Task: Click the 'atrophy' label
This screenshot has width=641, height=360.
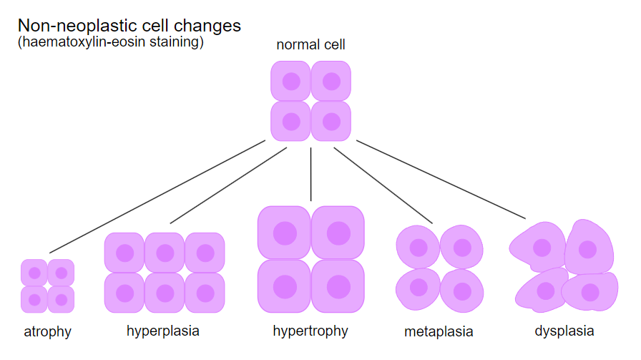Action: pyautogui.click(x=47, y=331)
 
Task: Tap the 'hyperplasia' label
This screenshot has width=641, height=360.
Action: pyautogui.click(x=162, y=331)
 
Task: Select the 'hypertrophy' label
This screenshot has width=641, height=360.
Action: pyautogui.click(x=310, y=331)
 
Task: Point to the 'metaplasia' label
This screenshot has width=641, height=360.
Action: pyautogui.click(x=439, y=331)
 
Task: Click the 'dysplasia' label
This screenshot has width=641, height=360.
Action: pyautogui.click(x=564, y=331)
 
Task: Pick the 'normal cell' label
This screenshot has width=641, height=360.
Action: pyautogui.click(x=310, y=44)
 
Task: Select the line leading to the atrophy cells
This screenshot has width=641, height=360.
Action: pyautogui.click(x=157, y=197)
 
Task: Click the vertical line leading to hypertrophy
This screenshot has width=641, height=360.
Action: pyautogui.click(x=310, y=174)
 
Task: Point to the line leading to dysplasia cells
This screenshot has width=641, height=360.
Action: pyautogui.click(x=441, y=180)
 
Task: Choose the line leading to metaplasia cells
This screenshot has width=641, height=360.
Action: pyautogui.click(x=383, y=185)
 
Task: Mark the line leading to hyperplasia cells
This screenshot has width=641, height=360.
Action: pyautogui.click(x=228, y=186)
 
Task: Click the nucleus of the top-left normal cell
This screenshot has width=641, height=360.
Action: pyautogui.click(x=291, y=82)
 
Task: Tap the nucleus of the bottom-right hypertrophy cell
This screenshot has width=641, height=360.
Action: pyautogui.click(x=338, y=287)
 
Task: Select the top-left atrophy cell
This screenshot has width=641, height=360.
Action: pyautogui.click(x=34, y=273)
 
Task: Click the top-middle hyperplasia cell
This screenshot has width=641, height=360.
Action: pyautogui.click(x=165, y=253)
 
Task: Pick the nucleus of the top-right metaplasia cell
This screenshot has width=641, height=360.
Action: pyautogui.click(x=462, y=248)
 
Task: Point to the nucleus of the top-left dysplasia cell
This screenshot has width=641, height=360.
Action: pyautogui.click(x=542, y=248)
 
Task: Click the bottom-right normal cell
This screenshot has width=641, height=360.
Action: pyautogui.click(x=331, y=122)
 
